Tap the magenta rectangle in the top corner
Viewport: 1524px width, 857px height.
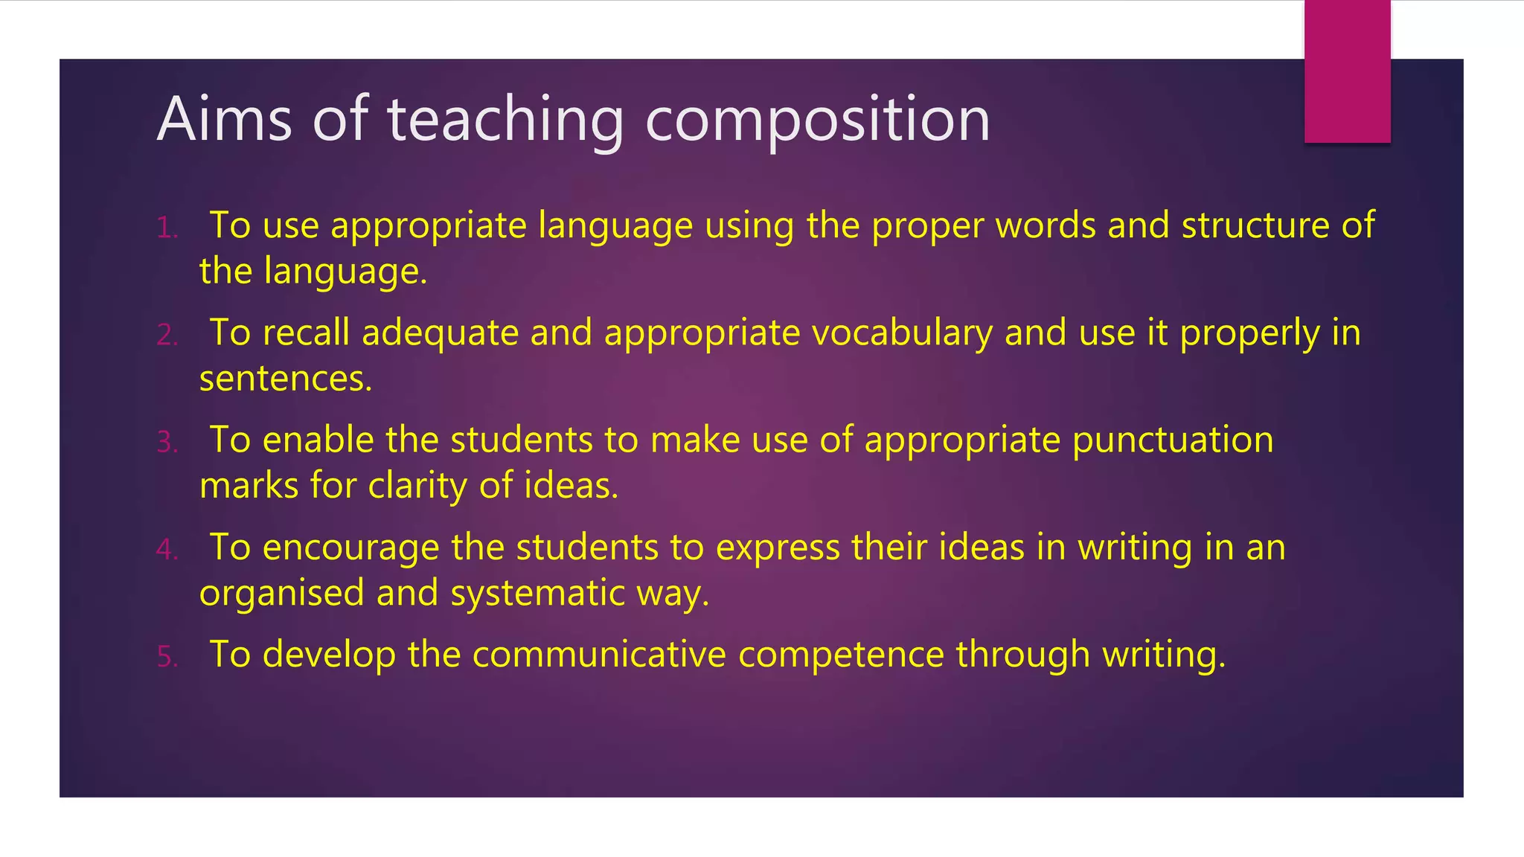[1347, 71]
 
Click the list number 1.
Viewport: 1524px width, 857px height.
[167, 228]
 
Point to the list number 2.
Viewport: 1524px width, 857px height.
[167, 335]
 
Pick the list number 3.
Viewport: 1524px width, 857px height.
[167, 442]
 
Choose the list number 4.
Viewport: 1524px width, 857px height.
[167, 550]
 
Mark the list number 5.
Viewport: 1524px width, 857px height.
[167, 657]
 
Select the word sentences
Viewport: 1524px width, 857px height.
[285, 379]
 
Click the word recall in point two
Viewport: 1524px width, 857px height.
[306, 333]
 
